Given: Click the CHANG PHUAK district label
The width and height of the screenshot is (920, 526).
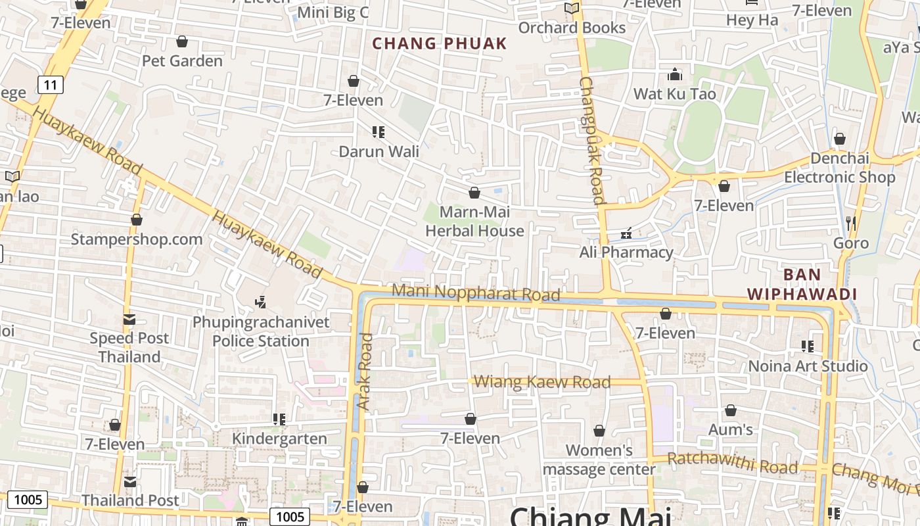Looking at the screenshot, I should point(439,44).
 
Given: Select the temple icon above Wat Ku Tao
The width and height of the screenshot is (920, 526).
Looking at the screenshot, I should point(674,74).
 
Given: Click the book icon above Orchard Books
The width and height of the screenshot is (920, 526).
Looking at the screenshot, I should point(572,9).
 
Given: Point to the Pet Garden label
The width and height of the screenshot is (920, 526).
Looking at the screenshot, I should point(182,61).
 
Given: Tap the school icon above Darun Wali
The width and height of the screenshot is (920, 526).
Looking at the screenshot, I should point(378,132).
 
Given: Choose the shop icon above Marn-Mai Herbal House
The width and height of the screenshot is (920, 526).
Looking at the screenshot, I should point(474,193).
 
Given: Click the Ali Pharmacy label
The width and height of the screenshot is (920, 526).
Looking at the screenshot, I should point(626,252).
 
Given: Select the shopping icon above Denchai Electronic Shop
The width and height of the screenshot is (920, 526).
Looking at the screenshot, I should point(839,139).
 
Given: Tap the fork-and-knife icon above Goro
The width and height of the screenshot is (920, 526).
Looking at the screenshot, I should point(851,224).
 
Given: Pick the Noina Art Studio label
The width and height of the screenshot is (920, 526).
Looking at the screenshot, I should point(808,366).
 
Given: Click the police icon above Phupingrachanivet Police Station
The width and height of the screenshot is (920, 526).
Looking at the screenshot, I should point(261,302).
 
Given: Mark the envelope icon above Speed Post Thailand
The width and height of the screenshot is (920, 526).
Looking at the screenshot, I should point(129,320).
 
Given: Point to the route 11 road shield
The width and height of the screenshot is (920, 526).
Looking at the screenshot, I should point(50,84).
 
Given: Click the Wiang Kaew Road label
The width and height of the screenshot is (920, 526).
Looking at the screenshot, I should point(541,382).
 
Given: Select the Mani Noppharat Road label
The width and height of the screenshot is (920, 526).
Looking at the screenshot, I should point(475,293).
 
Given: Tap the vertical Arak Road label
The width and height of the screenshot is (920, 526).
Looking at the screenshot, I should point(365,371).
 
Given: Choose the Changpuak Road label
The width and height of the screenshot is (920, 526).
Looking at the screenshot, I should point(591,141).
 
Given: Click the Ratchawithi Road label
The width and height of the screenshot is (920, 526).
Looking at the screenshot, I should point(732,463).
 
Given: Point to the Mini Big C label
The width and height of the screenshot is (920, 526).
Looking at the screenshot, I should point(333,13).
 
